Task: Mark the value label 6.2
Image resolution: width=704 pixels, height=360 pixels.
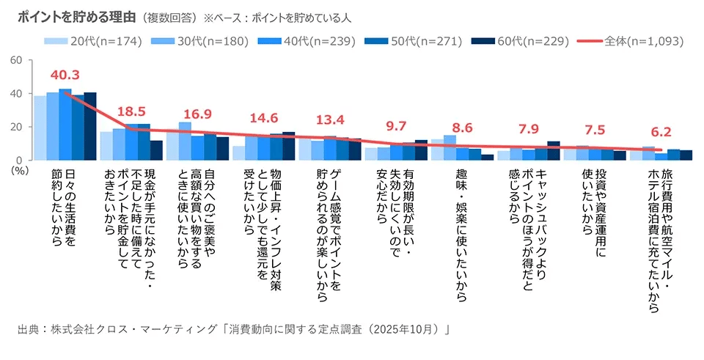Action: click(661, 133)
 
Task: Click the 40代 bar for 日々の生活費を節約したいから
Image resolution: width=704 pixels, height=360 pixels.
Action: click(65, 125)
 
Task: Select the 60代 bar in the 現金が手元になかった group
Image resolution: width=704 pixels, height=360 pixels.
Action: click(156, 150)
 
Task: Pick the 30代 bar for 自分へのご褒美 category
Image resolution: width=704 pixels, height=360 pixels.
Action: click(185, 141)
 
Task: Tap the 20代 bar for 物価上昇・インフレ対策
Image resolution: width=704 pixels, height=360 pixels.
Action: click(238, 153)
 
